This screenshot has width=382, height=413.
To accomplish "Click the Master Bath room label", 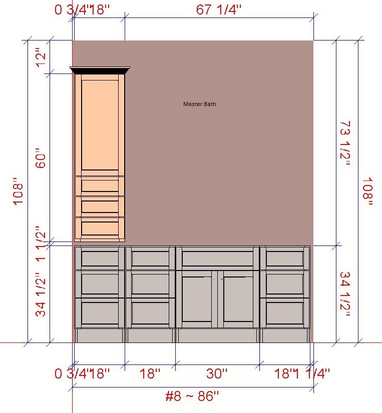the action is click(199, 104).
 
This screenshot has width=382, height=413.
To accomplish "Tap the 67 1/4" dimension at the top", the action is click(218, 9).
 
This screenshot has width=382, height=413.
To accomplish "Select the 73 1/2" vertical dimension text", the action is click(345, 143).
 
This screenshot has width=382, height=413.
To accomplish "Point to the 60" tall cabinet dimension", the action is click(41, 158).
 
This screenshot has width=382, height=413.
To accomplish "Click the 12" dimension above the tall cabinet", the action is click(41, 57).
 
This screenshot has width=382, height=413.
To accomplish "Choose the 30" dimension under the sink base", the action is click(217, 373).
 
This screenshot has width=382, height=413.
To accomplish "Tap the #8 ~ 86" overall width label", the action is click(192, 396).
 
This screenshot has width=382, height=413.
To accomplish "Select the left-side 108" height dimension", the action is click(18, 191).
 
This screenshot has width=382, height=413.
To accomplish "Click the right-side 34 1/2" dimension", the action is click(345, 294).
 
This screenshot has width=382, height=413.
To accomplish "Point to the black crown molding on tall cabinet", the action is click(100, 70).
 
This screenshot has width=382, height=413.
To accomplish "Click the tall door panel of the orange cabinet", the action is click(100, 125).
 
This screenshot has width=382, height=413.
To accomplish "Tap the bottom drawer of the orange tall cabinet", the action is click(100, 228).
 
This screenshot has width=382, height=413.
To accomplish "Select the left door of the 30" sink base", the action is click(197, 299).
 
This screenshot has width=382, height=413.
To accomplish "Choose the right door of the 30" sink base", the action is click(238, 299).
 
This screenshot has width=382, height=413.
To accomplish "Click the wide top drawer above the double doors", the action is click(217, 258).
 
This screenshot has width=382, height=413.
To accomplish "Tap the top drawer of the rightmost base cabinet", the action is click(285, 258).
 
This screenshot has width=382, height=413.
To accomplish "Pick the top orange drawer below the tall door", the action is click(100, 186).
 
